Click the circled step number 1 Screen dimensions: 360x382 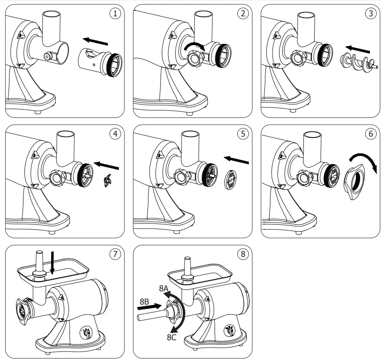click(115, 13)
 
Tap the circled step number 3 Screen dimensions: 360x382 click(371, 13)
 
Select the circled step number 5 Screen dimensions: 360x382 click(243, 133)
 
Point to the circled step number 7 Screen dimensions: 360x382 click(115, 253)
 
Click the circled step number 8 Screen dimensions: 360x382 click(243, 253)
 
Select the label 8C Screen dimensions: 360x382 click(172, 338)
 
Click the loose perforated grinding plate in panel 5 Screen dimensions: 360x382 click(230, 179)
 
